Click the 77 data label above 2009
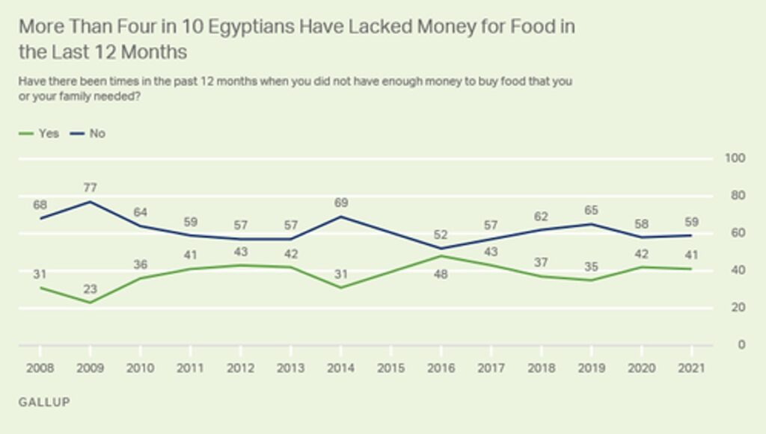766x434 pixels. pyautogui.click(x=91, y=187)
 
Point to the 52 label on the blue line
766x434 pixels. pyautogui.click(x=441, y=235)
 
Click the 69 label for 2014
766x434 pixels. pyautogui.click(x=340, y=202)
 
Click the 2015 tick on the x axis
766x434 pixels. pyautogui.click(x=390, y=368)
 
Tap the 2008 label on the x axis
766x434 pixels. pyautogui.click(x=40, y=368)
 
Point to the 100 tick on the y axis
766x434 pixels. pyautogui.click(x=735, y=158)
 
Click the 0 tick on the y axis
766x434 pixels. pyautogui.click(x=741, y=345)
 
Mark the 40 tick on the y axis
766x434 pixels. pyautogui.click(x=738, y=270)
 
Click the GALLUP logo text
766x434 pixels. pyautogui.click(x=44, y=402)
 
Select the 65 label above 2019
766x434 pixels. pyautogui.click(x=591, y=211)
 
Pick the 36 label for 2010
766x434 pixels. pyautogui.click(x=141, y=264)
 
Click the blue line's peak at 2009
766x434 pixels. pyautogui.click(x=91, y=202)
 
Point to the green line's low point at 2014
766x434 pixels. pyautogui.click(x=340, y=288)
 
